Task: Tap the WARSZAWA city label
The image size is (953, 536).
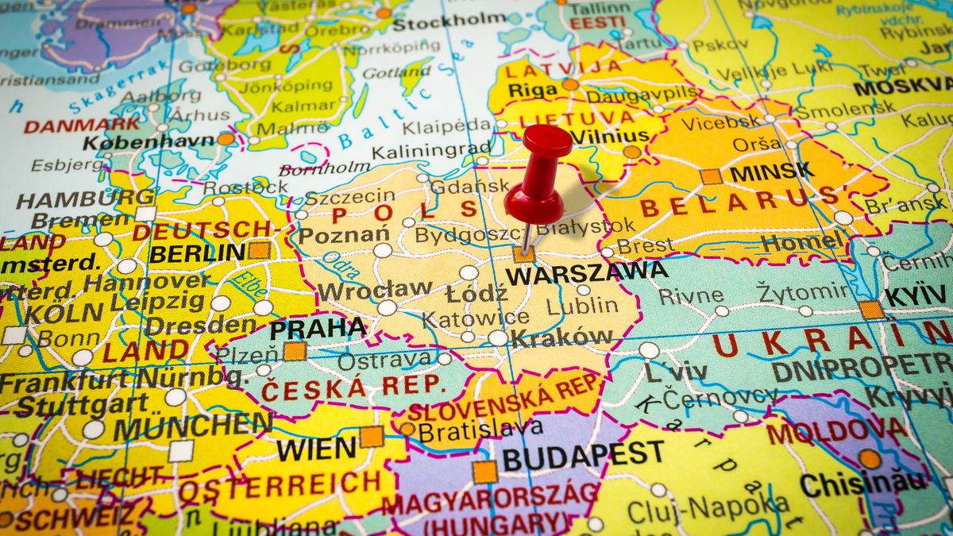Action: (x=587, y=274)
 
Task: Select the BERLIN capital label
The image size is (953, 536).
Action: (x=197, y=253)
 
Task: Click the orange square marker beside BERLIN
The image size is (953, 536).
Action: (x=259, y=251)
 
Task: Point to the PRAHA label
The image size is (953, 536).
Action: (x=318, y=327)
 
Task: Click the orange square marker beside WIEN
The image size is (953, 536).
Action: (x=371, y=436)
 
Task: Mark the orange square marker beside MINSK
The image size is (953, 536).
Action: (x=711, y=176)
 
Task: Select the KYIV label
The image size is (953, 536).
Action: (x=916, y=295)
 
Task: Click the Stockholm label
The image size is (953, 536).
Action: (x=449, y=22)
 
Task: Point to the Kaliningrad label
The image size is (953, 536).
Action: (x=431, y=150)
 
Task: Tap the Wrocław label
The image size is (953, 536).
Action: (x=375, y=289)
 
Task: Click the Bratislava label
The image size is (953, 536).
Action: (x=480, y=430)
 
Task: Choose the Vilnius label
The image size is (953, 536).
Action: (x=609, y=136)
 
